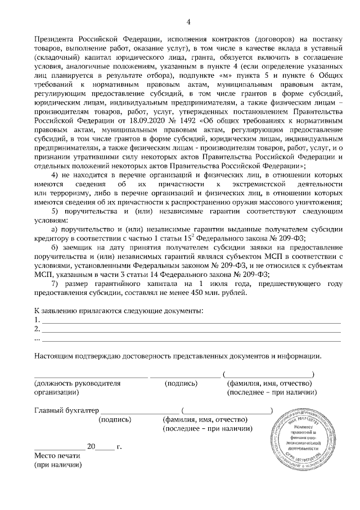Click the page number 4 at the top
click(x=188, y=22)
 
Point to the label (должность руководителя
click(x=77, y=383)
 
